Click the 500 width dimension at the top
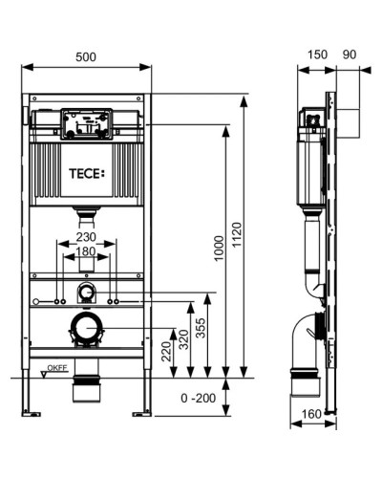[x=86, y=56]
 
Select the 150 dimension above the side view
[x=315, y=56]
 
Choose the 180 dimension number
[x=86, y=252]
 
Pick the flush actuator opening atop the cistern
[x=87, y=121]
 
